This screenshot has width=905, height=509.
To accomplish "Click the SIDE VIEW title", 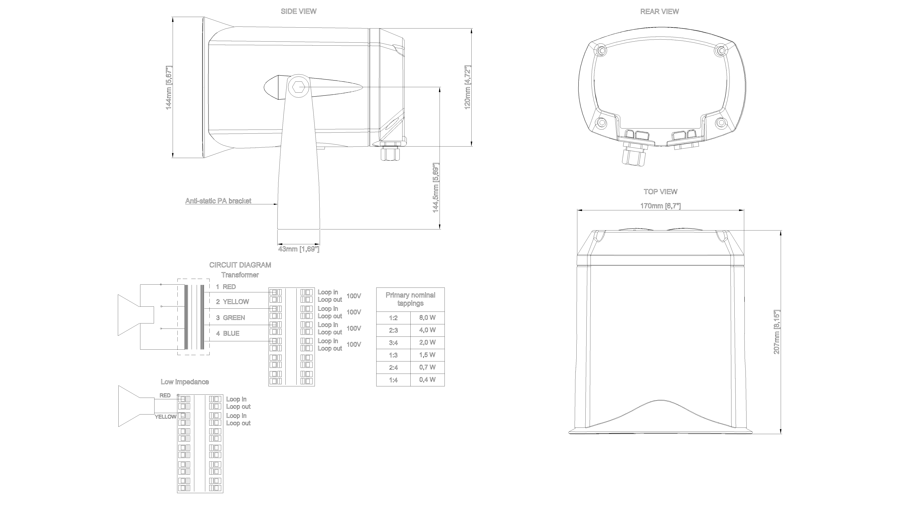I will [298, 11].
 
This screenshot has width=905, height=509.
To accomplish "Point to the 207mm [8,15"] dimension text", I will [776, 332].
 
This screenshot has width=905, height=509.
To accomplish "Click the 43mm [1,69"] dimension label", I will [299, 249].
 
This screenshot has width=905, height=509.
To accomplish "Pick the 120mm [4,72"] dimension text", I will [468, 87].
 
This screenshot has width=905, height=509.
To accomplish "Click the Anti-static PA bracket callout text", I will [218, 201].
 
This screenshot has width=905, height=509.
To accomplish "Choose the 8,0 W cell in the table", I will [427, 318].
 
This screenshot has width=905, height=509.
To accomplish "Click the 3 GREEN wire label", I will [230, 318].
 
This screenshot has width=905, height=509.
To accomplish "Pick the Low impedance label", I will [185, 382].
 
